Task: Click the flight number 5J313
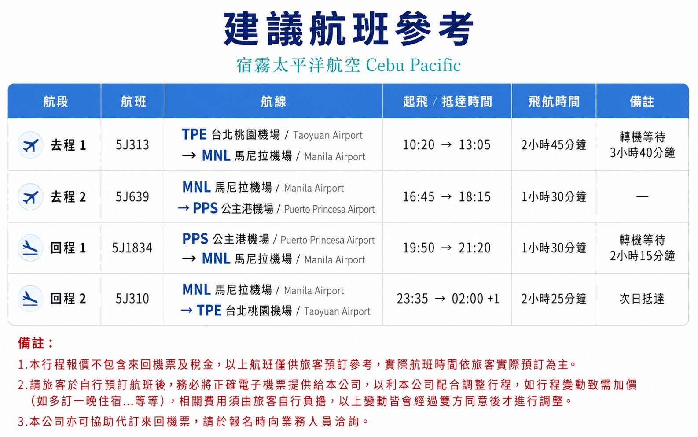pyautogui.click(x=132, y=145)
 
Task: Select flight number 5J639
pyautogui.click(x=132, y=197)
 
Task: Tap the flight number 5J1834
pyautogui.click(x=132, y=248)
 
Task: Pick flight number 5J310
pyautogui.click(x=132, y=299)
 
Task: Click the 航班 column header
pyautogui.click(x=133, y=101)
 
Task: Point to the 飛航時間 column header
pyautogui.click(x=554, y=101)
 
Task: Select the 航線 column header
pyautogui.click(x=274, y=101)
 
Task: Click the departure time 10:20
pyautogui.click(x=419, y=145)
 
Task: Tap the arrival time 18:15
pyautogui.click(x=474, y=197)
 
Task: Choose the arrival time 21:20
pyautogui.click(x=474, y=248)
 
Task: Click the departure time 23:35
pyautogui.click(x=412, y=299)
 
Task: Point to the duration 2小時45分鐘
pyautogui.click(x=554, y=145)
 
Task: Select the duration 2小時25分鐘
pyautogui.click(x=554, y=299)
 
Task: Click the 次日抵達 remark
pyautogui.click(x=642, y=299)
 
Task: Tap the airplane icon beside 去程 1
pyautogui.click(x=30, y=145)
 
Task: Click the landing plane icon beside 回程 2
pyautogui.click(x=30, y=299)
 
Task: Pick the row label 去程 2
pyautogui.click(x=68, y=197)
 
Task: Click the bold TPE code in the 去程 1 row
pyautogui.click(x=194, y=134)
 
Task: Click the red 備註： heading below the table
pyautogui.click(x=36, y=343)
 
